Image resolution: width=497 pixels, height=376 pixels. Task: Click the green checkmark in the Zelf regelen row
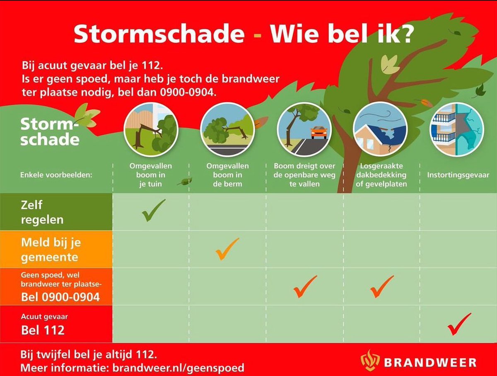[x=152, y=210]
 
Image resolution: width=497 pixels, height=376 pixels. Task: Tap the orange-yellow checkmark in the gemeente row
[x=227, y=249]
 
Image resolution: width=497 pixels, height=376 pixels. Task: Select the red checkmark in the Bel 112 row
[x=458, y=324]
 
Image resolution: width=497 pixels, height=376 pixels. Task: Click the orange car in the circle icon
[x=318, y=132]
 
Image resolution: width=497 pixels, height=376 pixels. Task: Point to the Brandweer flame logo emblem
[x=370, y=359]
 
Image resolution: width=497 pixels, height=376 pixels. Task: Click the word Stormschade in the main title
[x=159, y=35]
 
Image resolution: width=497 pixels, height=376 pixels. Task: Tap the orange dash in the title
[x=258, y=36]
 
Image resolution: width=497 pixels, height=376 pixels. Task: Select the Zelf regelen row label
[x=42, y=212]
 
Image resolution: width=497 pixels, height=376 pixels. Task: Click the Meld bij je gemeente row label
[x=51, y=249]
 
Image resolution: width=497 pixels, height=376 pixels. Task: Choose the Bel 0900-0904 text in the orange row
[x=60, y=297]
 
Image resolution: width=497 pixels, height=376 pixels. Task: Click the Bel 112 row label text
[x=43, y=330]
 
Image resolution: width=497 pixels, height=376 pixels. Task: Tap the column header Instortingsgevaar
[x=458, y=175]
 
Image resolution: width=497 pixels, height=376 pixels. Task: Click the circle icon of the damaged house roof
[x=380, y=129]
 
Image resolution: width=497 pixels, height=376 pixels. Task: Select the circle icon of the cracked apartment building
[x=456, y=129]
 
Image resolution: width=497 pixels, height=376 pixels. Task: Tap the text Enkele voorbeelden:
[x=56, y=175]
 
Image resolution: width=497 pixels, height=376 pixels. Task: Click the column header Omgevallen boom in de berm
[x=227, y=175]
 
